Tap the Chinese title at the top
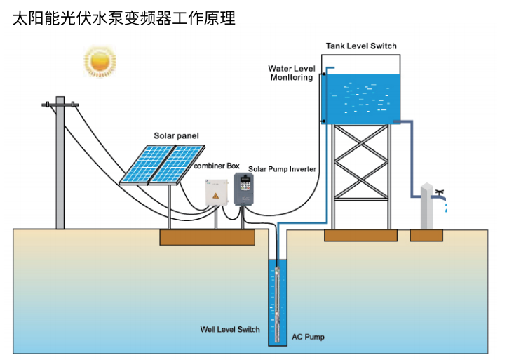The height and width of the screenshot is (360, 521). [x=124, y=18]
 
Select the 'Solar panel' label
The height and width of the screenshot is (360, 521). [x=177, y=135]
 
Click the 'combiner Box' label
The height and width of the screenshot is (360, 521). [x=217, y=166]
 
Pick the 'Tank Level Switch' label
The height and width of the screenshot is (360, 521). [x=361, y=46]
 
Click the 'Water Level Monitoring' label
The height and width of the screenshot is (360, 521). [x=291, y=73]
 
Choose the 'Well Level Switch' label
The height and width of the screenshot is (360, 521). [x=230, y=329]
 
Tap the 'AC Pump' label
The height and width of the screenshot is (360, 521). [x=308, y=337]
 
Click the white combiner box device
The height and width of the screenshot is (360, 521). [x=217, y=192]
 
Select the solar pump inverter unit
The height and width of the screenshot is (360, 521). [x=243, y=188]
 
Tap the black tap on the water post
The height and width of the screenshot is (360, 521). [x=439, y=192]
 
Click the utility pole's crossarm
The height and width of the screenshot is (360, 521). [x=60, y=105]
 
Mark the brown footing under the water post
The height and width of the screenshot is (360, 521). [x=426, y=236]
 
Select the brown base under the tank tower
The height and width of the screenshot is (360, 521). [x=360, y=236]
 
